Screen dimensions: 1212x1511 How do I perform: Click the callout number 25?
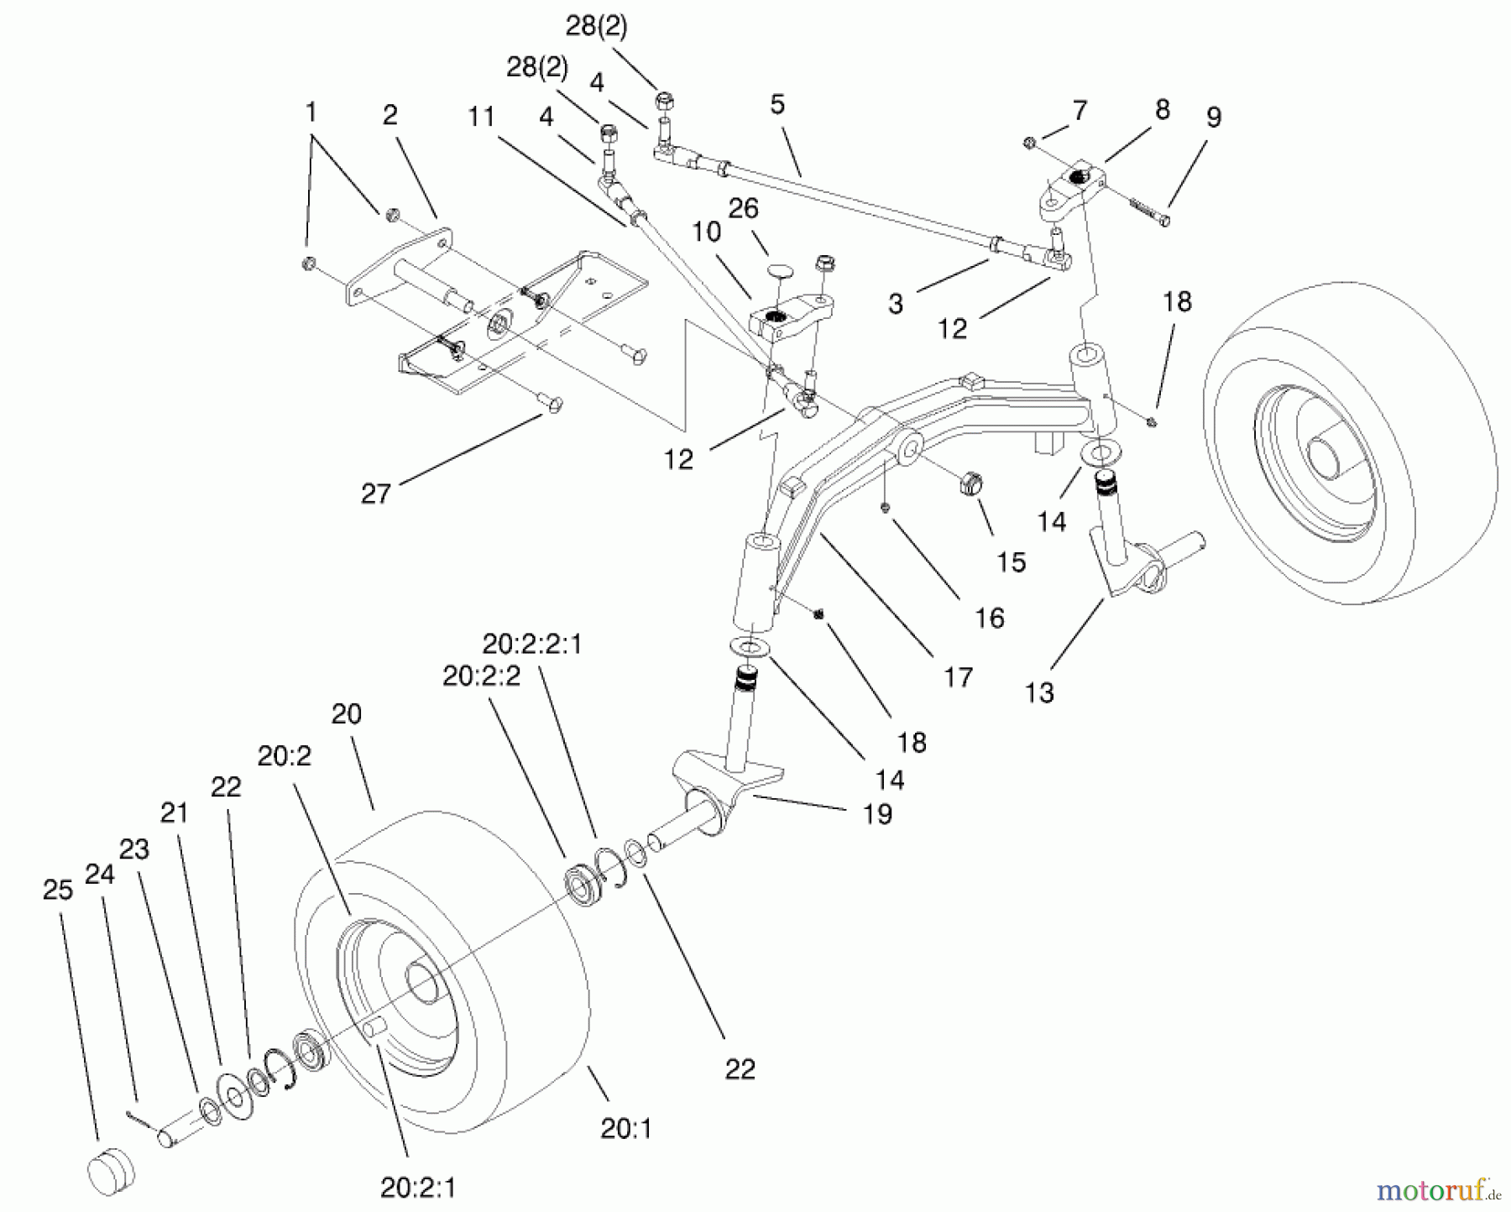(58, 890)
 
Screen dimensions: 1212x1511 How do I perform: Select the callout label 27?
(376, 494)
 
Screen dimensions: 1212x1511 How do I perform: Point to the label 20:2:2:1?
(532, 645)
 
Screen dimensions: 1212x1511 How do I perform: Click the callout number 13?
(1038, 692)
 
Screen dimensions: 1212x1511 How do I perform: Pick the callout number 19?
(878, 813)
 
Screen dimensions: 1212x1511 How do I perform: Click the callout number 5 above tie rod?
(776, 105)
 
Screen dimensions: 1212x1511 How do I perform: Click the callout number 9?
(1214, 118)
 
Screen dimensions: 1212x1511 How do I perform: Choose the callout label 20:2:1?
(418, 1188)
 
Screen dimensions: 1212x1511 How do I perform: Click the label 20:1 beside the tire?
(626, 1129)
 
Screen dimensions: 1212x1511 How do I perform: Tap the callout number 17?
(958, 677)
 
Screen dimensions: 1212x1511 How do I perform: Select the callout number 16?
(990, 618)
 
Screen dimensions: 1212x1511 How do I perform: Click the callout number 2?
(390, 115)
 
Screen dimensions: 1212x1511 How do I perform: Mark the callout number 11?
(482, 116)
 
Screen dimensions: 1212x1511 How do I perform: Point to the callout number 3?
(896, 304)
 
